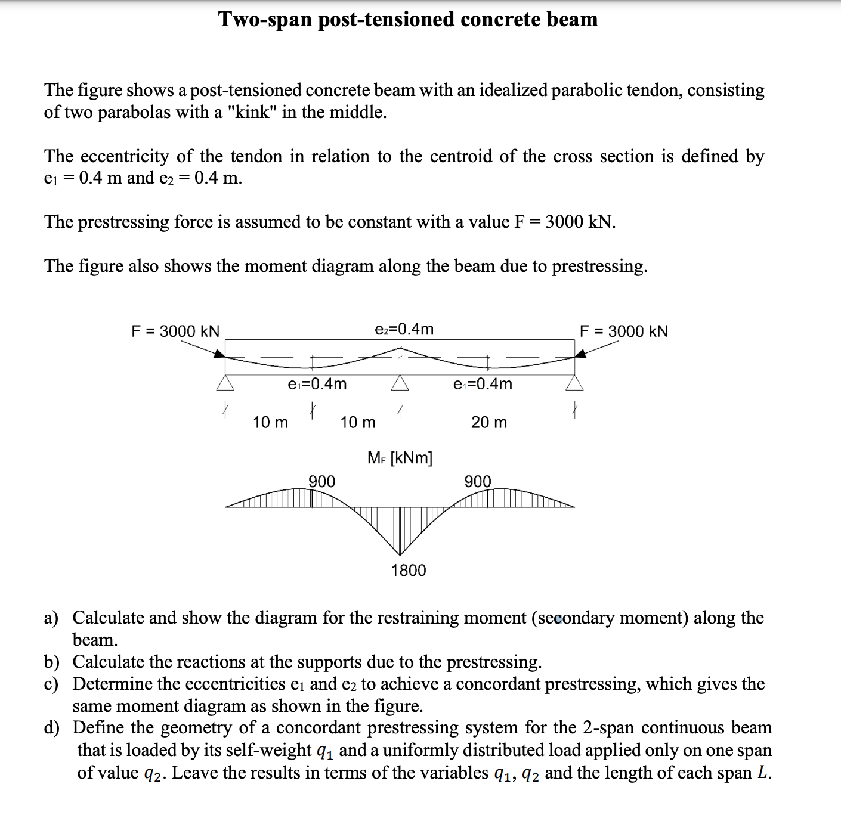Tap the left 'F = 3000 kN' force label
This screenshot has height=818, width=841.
click(175, 331)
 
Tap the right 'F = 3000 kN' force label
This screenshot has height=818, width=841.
click(624, 331)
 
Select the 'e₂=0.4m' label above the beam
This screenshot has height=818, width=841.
click(404, 329)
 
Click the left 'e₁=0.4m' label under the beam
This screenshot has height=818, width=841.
click(317, 384)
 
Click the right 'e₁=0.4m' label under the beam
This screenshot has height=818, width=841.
click(483, 384)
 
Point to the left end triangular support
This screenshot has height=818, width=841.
click(225, 383)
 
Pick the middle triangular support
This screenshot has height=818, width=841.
click(400, 383)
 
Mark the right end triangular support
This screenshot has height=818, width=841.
click(574, 383)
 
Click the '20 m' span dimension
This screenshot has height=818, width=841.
click(489, 423)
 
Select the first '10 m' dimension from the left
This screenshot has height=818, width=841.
click(270, 423)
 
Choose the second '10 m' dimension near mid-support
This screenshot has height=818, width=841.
click(358, 423)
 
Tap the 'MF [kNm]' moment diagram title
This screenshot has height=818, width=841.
click(400, 458)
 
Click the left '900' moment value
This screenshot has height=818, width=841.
click(321, 481)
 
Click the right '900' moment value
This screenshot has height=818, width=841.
click(478, 481)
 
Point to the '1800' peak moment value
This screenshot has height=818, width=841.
click(409, 571)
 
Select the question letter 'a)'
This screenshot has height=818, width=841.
click(51, 618)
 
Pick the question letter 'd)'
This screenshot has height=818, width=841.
click(51, 728)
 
